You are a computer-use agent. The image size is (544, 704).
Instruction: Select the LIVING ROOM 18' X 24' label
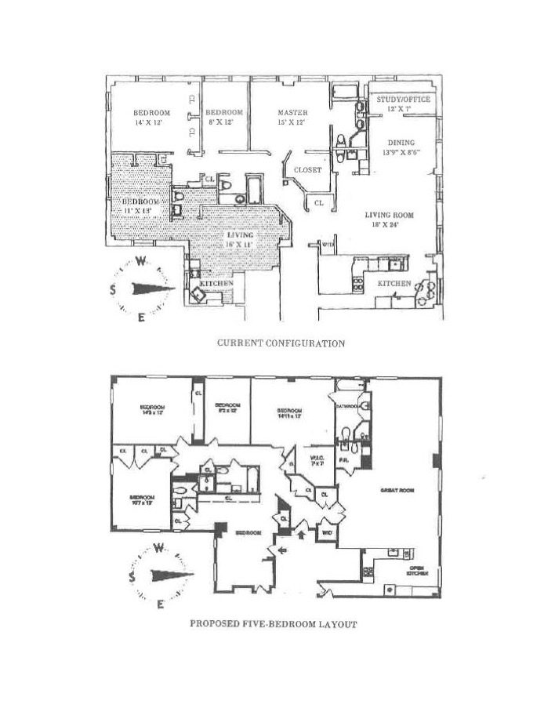(x=389, y=220)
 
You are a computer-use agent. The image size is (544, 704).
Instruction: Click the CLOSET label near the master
(x=307, y=169)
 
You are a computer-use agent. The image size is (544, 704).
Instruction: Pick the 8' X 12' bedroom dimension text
(x=224, y=122)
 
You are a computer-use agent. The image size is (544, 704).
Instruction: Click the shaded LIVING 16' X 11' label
(x=241, y=240)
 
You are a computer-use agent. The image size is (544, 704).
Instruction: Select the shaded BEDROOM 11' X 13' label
(x=141, y=206)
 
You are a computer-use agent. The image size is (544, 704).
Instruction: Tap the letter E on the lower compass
(x=160, y=603)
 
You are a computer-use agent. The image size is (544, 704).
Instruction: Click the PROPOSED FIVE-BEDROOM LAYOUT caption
(x=273, y=624)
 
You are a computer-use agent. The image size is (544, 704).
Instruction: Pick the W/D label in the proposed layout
(x=325, y=535)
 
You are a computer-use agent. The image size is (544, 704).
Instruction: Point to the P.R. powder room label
(x=344, y=461)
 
